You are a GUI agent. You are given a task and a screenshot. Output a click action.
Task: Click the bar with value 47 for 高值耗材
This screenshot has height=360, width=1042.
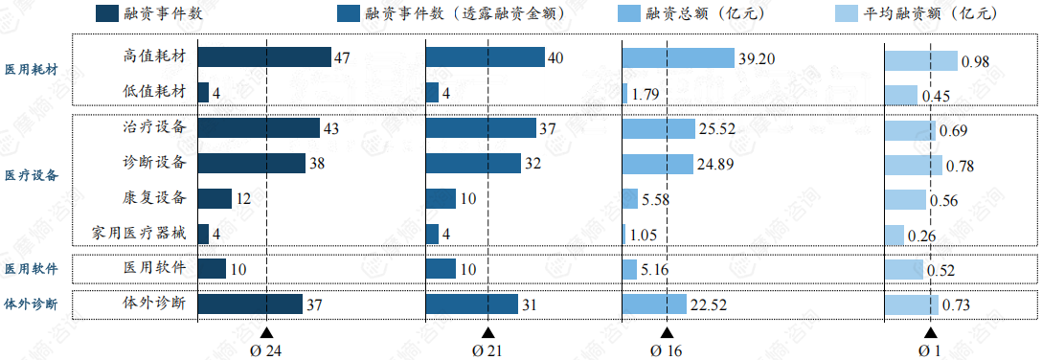click(x=264, y=57)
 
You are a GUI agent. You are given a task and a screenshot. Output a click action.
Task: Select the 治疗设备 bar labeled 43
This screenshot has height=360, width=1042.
click(x=259, y=127)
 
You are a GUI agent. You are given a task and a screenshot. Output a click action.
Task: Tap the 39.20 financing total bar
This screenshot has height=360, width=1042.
click(x=678, y=57)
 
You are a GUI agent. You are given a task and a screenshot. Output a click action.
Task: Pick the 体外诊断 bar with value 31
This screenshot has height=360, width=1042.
click(x=472, y=304)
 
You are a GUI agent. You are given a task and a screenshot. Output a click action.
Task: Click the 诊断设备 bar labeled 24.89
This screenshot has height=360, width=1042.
click(x=657, y=163)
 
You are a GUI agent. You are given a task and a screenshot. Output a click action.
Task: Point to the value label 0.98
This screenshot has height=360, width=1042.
click(x=975, y=60)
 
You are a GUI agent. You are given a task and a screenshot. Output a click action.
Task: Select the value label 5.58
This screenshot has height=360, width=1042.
click(x=658, y=199)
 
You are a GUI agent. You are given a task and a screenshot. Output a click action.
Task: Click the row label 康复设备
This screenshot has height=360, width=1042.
click(x=155, y=197)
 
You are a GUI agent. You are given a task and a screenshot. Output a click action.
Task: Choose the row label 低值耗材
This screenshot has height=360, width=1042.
click(x=155, y=91)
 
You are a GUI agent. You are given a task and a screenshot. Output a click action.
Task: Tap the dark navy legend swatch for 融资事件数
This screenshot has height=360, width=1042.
click(x=107, y=13)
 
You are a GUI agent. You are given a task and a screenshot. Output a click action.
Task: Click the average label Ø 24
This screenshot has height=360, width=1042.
click(x=265, y=350)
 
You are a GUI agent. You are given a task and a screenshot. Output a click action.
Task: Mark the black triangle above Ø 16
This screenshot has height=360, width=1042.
click(x=667, y=332)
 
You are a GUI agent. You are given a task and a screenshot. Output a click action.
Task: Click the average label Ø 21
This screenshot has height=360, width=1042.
click(x=487, y=350)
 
